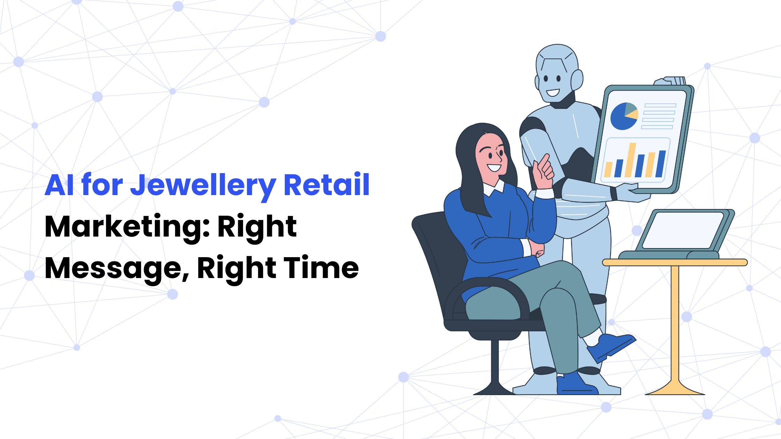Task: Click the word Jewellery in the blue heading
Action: (203, 186)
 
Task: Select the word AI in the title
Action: (59, 185)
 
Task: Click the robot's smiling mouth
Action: (553, 93)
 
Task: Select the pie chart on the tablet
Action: (624, 116)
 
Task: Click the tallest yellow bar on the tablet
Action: (630, 160)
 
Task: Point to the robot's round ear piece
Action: (577, 80)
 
